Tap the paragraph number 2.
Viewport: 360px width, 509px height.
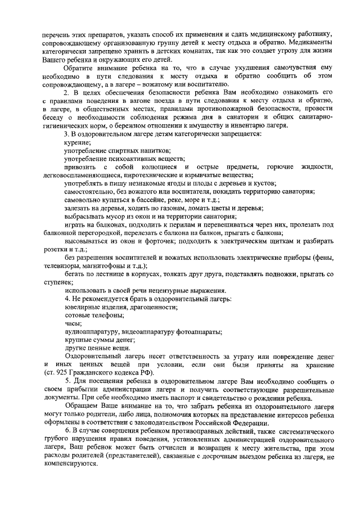point(66,91)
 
